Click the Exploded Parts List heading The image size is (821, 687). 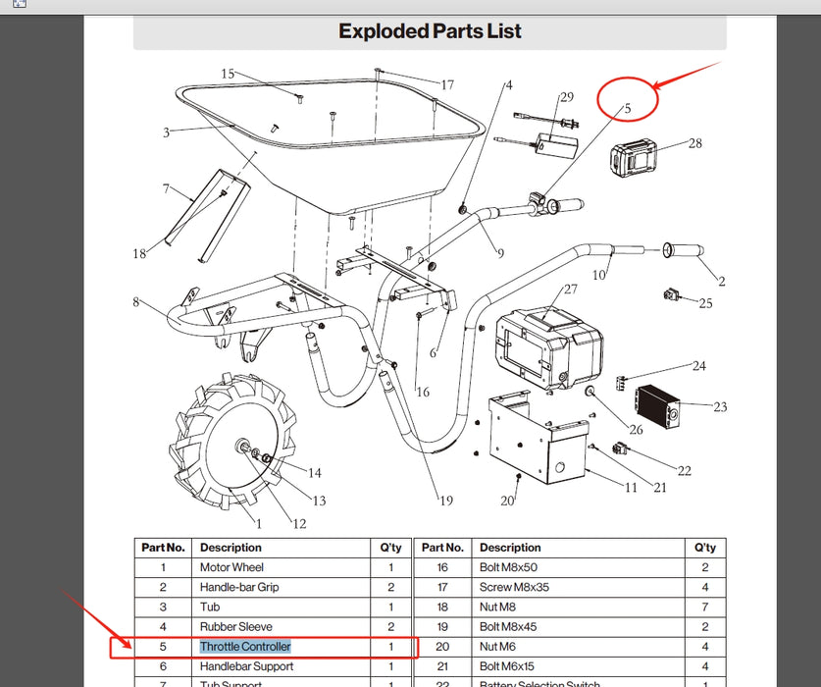click(430, 31)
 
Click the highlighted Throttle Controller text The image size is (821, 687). click(245, 647)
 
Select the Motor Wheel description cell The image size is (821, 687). click(231, 567)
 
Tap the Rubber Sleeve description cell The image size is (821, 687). click(235, 627)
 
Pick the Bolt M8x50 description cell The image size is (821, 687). click(508, 567)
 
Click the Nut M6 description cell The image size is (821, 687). click(497, 647)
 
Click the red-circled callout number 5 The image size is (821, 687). click(628, 107)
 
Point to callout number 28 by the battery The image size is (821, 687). click(695, 144)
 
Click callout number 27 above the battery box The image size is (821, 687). click(570, 291)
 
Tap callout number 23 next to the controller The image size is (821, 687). click(720, 405)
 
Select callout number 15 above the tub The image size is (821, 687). click(228, 74)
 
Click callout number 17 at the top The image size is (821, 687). click(447, 85)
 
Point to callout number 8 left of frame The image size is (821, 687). click(136, 301)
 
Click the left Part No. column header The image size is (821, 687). click(163, 548)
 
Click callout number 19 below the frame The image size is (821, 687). click(446, 501)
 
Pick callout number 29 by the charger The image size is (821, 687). click(566, 97)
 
